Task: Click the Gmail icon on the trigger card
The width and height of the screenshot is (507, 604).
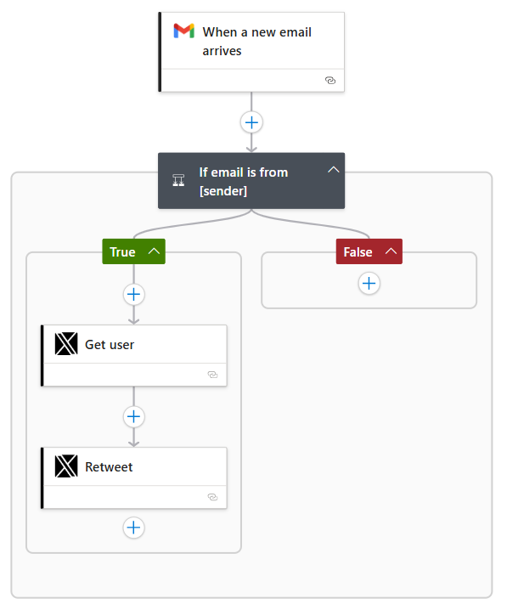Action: (183, 31)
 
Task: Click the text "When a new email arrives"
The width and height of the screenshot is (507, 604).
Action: (256, 42)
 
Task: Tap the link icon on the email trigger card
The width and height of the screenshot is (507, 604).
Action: (330, 81)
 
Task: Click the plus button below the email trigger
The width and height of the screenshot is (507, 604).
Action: (251, 122)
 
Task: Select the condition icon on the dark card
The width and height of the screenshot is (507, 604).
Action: (179, 180)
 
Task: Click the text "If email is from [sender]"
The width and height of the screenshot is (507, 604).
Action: (243, 181)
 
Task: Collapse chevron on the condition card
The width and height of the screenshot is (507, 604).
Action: (334, 170)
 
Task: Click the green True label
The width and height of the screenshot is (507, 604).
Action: (122, 251)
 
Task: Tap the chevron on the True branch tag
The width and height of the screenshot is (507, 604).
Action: (154, 251)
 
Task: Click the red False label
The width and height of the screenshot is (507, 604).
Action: (358, 251)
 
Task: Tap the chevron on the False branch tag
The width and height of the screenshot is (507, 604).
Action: (391, 251)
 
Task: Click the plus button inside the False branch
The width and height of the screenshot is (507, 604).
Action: (369, 284)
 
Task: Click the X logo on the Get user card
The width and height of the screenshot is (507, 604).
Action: (66, 344)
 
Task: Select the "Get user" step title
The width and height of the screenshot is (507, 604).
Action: (110, 345)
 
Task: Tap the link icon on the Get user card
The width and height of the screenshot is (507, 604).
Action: (213, 375)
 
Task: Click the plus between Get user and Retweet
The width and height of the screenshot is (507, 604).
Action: (133, 416)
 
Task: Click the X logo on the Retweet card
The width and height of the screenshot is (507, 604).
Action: (66, 466)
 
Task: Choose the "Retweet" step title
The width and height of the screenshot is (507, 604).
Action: (109, 467)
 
